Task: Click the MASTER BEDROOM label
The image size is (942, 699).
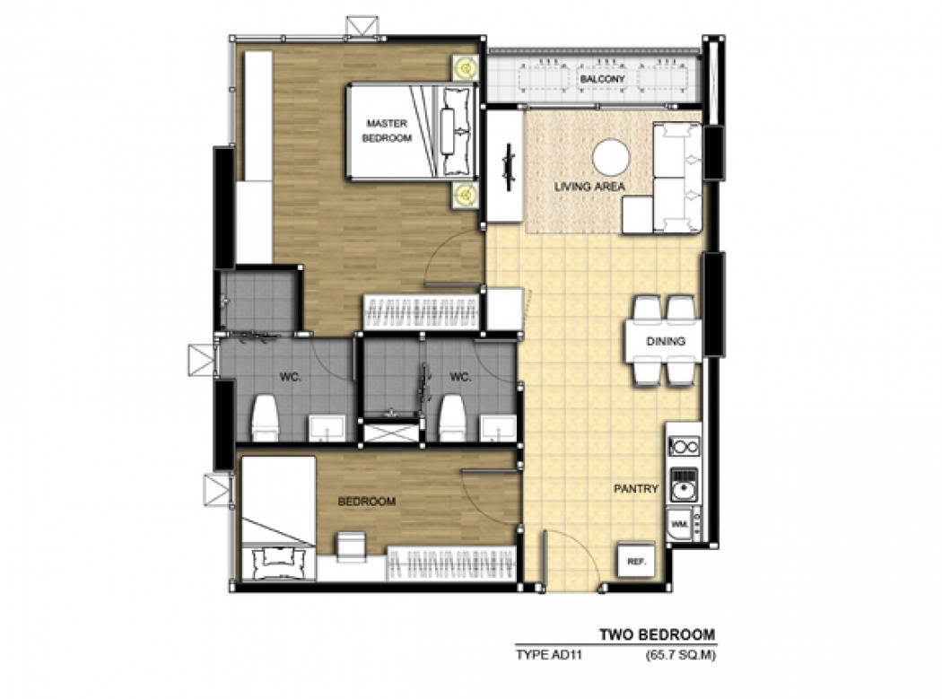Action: click(387, 130)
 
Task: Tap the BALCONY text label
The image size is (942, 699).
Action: click(603, 79)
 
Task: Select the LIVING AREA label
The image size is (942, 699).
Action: click(589, 187)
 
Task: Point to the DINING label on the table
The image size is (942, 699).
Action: click(666, 341)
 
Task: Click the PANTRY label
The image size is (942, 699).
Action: click(636, 489)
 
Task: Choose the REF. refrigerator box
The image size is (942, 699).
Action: click(636, 562)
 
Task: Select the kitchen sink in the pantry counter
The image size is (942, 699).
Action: click(684, 485)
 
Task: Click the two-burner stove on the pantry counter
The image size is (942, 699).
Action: click(685, 445)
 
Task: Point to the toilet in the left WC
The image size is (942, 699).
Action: click(265, 417)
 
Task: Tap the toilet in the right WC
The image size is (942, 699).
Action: click(453, 417)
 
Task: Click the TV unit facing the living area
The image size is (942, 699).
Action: click(504, 167)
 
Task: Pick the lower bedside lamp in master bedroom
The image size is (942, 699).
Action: click(465, 194)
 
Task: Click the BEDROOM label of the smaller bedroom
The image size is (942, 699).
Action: click(366, 502)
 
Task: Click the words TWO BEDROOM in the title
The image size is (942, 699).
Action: click(658, 634)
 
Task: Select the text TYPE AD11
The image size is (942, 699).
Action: click(548, 655)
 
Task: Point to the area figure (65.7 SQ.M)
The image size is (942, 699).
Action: click(681, 655)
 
